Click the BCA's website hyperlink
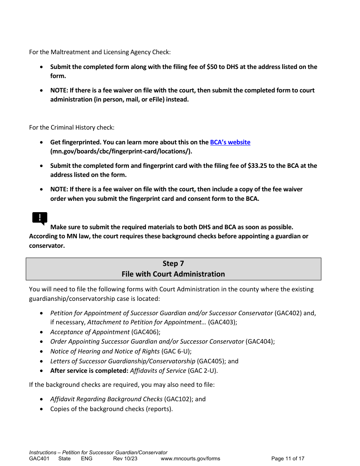tap(230, 142)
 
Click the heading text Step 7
tap(173, 263)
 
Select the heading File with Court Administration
tap(173, 274)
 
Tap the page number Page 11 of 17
tap(288, 458)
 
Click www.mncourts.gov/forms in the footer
tap(190, 458)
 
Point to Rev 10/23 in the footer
tap(125, 458)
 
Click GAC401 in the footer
tap(39, 458)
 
